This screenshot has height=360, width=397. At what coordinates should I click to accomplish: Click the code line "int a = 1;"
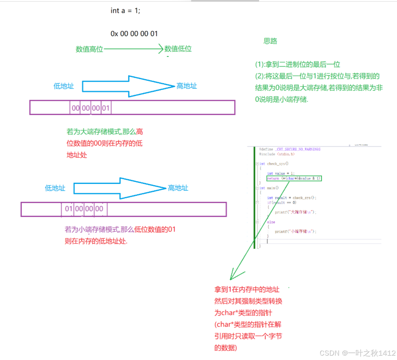(125, 11)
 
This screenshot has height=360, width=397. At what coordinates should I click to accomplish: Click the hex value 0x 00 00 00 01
(134, 34)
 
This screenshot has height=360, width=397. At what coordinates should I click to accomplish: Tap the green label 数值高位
(89, 49)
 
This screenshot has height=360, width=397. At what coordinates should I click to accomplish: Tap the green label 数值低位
(178, 49)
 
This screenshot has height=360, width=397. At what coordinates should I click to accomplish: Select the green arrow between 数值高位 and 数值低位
(134, 49)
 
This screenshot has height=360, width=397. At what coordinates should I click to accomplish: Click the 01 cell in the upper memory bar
(106, 108)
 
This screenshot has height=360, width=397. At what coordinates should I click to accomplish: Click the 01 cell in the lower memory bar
(68, 209)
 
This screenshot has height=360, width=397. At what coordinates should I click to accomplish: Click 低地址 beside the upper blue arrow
(64, 86)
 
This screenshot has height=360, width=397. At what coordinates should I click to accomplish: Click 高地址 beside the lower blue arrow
(178, 188)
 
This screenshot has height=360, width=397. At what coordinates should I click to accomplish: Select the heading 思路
(270, 41)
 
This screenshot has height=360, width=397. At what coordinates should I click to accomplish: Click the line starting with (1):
(297, 65)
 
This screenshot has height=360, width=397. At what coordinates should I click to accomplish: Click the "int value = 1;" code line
(281, 174)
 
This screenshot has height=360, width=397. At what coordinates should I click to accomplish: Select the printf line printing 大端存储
(295, 212)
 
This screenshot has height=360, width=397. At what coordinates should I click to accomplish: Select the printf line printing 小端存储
(295, 231)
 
